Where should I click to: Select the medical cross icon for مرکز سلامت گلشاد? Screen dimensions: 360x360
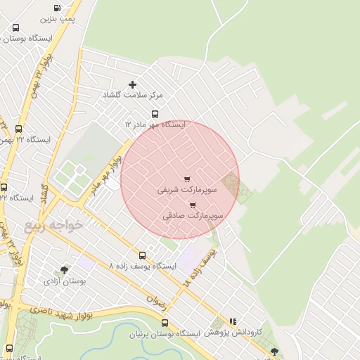tap(133, 84)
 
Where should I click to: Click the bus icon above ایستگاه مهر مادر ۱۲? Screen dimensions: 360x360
tap(155, 114)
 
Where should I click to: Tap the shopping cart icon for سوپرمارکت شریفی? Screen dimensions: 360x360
tap(186, 179)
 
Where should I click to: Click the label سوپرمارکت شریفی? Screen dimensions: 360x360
tap(179, 190)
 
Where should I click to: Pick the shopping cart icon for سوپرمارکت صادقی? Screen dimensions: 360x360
tap(193, 205)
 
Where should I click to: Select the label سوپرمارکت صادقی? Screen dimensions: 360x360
tap(193, 217)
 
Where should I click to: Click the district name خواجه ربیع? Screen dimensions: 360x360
tap(53, 225)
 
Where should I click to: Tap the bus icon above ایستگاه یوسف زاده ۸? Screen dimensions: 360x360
tap(143, 255)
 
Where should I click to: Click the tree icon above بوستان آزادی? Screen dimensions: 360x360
tap(65, 270)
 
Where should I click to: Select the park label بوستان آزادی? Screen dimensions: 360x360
tap(65, 281)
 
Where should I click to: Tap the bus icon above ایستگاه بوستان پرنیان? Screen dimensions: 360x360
tap(165, 323)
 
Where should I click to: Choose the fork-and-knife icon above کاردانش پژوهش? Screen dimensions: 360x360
tap(233, 321)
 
